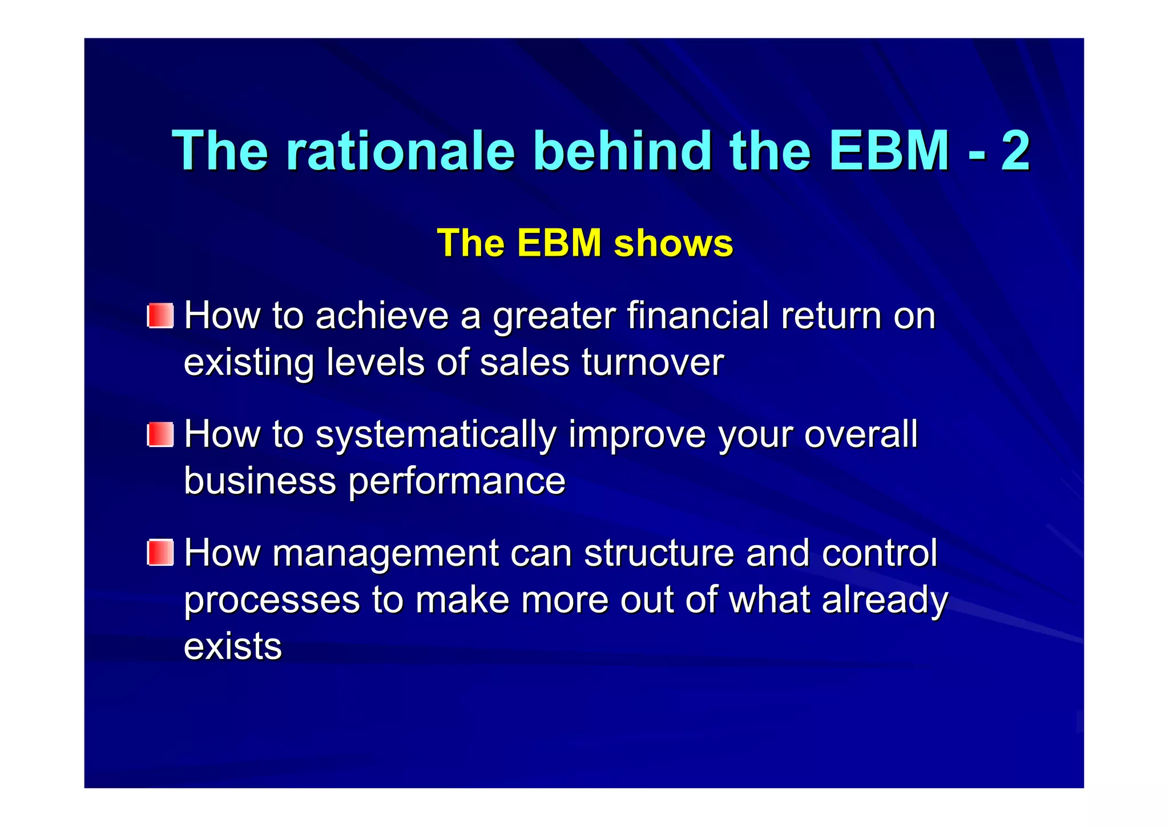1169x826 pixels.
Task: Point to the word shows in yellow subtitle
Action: (673, 243)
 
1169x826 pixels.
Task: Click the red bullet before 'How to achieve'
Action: (160, 316)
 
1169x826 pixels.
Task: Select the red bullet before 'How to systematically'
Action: (160, 434)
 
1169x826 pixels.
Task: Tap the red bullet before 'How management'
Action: (160, 553)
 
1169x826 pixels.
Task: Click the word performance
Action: (457, 481)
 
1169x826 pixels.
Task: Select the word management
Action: (385, 553)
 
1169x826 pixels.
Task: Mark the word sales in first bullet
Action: (525, 362)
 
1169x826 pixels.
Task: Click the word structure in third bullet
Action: (659, 553)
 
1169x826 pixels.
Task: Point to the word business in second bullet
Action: (260, 481)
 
